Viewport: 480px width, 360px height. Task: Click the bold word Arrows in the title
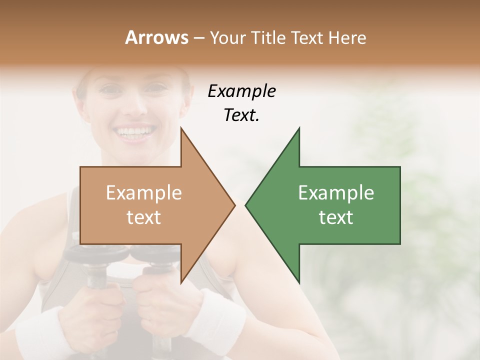(x=156, y=37)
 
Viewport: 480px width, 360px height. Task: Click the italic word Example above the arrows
(x=241, y=91)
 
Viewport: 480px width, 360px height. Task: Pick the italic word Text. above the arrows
(x=241, y=115)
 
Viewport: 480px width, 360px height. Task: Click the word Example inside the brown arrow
(x=143, y=193)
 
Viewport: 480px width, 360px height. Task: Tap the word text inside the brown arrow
(x=143, y=217)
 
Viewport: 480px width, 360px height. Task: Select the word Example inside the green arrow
(x=336, y=193)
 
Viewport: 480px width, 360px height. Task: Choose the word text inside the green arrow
(x=336, y=217)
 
